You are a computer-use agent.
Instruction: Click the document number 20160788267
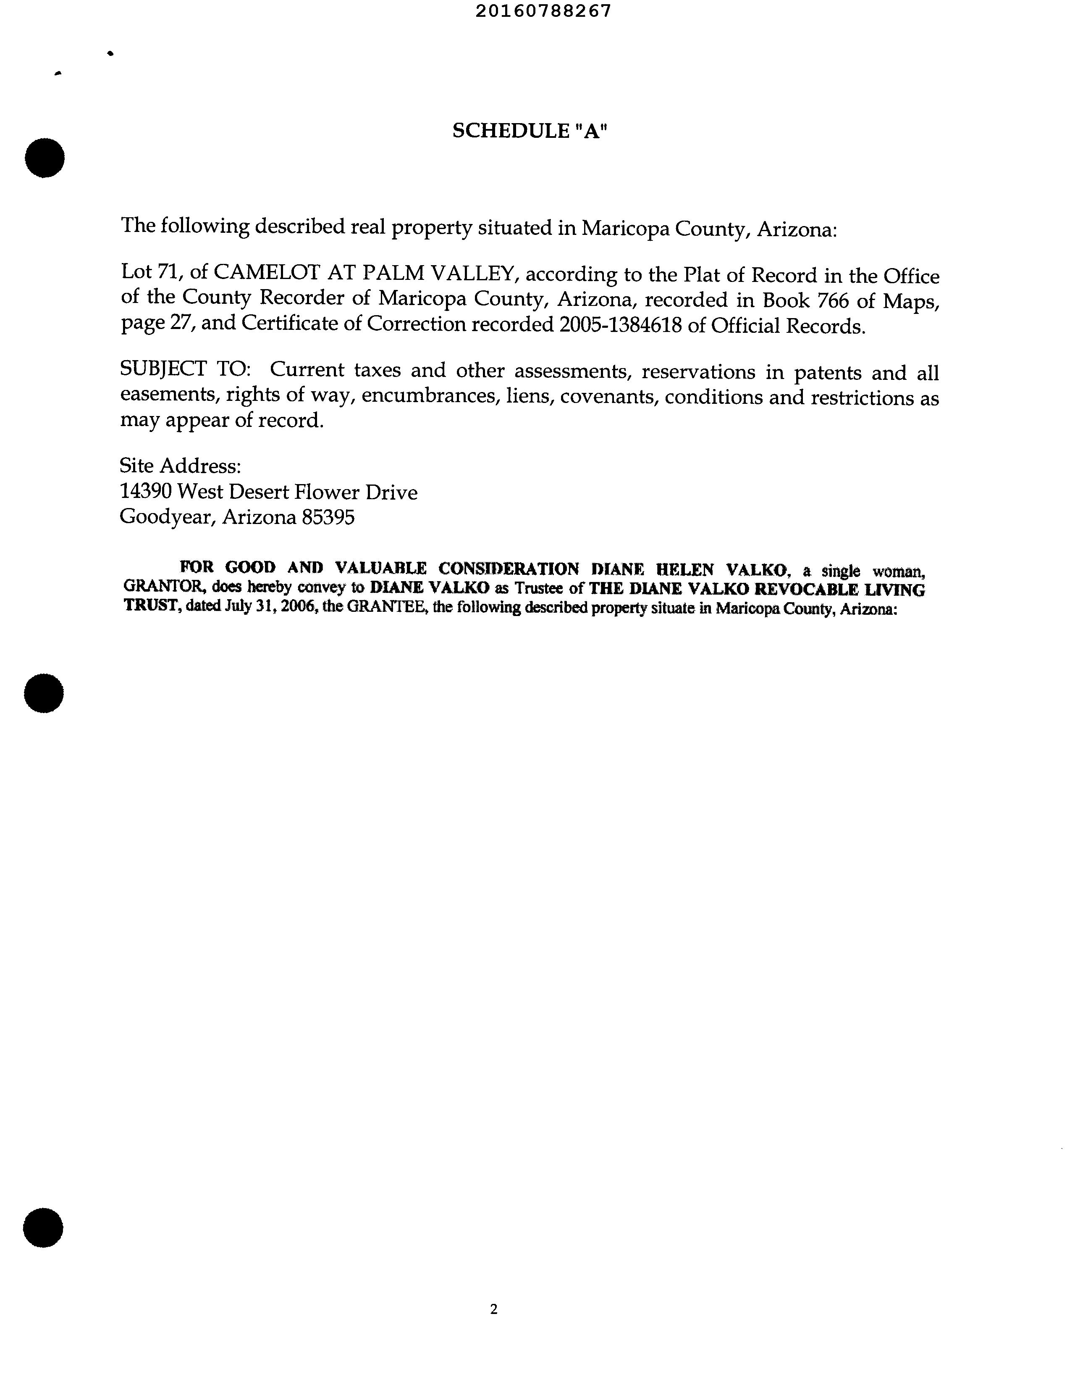(x=543, y=11)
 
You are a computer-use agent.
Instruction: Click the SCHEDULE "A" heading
(x=529, y=131)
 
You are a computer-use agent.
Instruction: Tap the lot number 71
(x=166, y=272)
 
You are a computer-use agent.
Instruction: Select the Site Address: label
(x=180, y=466)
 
